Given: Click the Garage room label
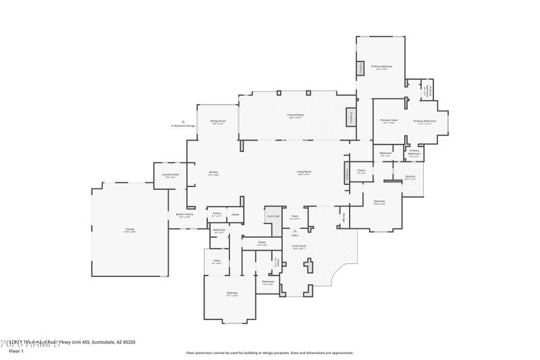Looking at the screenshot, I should [x=129, y=229].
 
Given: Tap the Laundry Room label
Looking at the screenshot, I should [x=171, y=175].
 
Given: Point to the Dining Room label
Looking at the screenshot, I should [x=218, y=122].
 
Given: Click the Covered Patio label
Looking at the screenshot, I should [x=295, y=115].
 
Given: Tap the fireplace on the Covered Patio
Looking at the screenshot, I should [x=351, y=117].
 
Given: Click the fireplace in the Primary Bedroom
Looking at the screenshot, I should [x=360, y=68].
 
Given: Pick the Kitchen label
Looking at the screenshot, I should [x=213, y=172].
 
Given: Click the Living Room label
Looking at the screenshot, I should [x=304, y=172].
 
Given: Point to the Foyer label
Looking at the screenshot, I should [x=294, y=217].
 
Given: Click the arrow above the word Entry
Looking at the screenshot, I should [x=295, y=230].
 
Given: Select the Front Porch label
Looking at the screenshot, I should [x=298, y=247].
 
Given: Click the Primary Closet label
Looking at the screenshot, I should [x=389, y=120].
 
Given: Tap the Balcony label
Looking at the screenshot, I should [x=410, y=177].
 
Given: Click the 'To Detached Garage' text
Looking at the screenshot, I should [x=183, y=126].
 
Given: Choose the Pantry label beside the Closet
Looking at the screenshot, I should [x=217, y=213].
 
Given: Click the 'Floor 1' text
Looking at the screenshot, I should [x=16, y=351].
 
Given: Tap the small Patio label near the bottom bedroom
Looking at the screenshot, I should [x=217, y=261].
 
